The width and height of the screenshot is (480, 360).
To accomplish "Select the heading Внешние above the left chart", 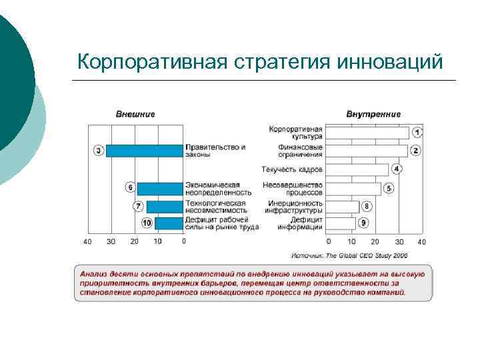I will (x=135, y=114).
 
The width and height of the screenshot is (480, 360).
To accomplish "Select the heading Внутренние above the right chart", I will (x=373, y=114).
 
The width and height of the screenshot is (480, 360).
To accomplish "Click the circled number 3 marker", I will (x=99, y=151).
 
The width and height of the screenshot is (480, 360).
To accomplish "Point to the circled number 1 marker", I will (x=417, y=132).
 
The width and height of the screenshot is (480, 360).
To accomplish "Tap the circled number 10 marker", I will (x=147, y=223).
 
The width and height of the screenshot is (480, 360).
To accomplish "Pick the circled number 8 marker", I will (x=366, y=207).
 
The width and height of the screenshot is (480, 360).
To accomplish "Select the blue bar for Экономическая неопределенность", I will (x=160, y=189).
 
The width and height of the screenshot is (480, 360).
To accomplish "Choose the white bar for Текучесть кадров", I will (x=357, y=169).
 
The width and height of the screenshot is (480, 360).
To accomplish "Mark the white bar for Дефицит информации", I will (x=342, y=223).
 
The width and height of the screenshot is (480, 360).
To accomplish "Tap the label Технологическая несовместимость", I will (x=215, y=207).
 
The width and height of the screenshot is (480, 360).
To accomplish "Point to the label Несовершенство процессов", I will (x=293, y=189).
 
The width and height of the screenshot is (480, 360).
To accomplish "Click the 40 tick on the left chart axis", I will (x=87, y=241).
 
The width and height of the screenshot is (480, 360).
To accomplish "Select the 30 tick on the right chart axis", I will (x=399, y=241).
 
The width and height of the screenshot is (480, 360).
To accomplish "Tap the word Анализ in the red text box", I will (x=93, y=273).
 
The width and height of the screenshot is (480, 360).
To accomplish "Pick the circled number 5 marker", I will (x=388, y=189).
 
